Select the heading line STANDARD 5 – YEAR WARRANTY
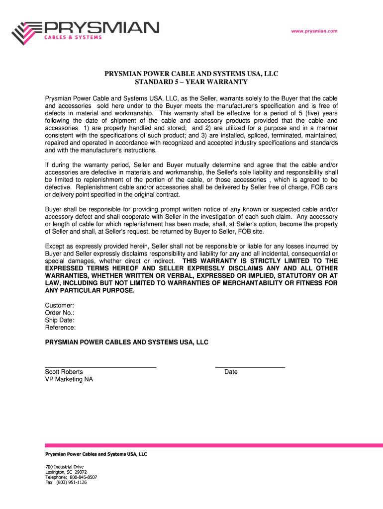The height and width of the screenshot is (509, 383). [191, 82]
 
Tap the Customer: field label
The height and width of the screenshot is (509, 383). [60, 305]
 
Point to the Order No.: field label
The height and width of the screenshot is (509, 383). [60, 313]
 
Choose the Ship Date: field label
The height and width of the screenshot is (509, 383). [60, 320]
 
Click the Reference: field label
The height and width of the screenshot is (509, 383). [61, 328]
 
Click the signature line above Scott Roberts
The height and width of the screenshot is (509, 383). [100, 367]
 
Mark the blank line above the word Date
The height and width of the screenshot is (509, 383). [250, 367]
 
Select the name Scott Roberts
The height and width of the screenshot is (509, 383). [64, 372]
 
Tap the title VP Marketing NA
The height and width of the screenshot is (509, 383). [69, 379]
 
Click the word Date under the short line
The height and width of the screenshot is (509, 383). [231, 372]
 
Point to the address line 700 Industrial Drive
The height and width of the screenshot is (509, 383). [65, 467]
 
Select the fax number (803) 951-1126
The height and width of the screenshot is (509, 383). [72, 482]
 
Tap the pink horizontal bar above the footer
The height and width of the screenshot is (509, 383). [214, 445]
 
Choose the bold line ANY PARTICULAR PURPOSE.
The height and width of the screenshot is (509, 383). [90, 290]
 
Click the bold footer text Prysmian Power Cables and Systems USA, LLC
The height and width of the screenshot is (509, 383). [96, 454]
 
